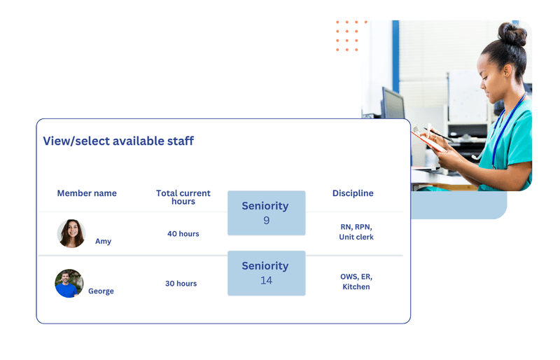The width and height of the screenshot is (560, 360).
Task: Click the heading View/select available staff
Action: coord(118,141)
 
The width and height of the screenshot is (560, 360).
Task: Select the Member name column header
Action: coord(87,193)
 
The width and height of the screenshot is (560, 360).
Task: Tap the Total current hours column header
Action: coord(183,197)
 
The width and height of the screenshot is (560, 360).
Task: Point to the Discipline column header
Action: coord(353,193)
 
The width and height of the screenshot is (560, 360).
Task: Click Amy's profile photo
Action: coord(71,233)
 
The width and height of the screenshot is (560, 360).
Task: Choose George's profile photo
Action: coord(69,284)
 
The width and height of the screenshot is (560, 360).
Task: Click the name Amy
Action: coord(103,241)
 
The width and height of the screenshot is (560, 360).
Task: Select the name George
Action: coord(101,291)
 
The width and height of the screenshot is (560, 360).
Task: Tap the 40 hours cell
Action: coord(183,234)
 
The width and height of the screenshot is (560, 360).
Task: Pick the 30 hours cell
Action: coord(181,284)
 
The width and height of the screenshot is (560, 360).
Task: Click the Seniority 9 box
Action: coord(266,213)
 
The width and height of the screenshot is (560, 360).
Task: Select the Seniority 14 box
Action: coord(266,272)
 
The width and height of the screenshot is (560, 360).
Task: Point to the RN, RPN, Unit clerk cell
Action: coord(356,232)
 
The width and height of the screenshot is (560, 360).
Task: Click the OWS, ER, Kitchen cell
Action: coord(356,282)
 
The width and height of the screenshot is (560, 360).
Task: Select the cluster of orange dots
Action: coord(347,36)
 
